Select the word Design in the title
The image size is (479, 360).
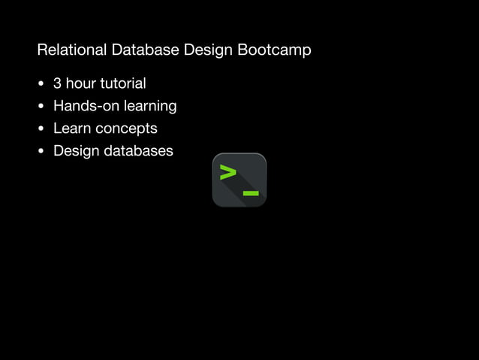(x=206, y=51)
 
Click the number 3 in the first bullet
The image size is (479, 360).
(x=57, y=83)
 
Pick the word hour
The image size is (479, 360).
(x=80, y=83)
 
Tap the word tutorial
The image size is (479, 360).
(x=123, y=83)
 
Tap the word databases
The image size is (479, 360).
(x=138, y=151)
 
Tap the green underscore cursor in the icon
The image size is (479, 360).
(x=251, y=193)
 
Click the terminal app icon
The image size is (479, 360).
(x=239, y=180)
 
